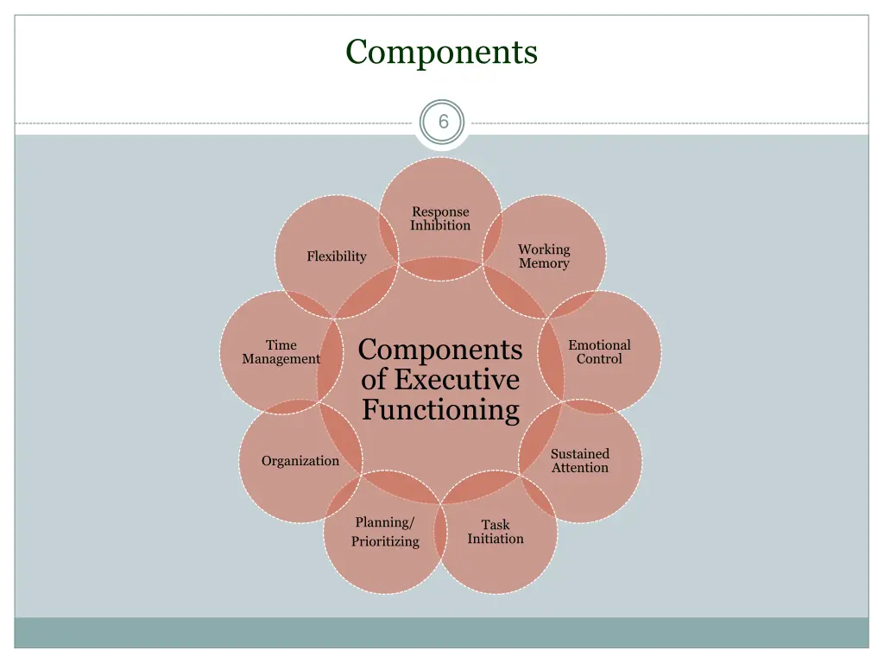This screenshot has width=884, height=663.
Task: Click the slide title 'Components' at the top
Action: tap(441, 52)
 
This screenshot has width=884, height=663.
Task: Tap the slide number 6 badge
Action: tap(443, 123)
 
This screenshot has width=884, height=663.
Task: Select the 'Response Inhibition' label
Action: tap(440, 218)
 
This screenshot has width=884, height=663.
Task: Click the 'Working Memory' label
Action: tap(544, 256)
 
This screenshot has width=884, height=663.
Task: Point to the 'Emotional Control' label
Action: tap(599, 352)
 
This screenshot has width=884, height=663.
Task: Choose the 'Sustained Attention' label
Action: tap(580, 461)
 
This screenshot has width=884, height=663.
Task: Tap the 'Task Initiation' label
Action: tap(496, 532)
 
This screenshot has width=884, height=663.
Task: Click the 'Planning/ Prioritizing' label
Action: tap(385, 532)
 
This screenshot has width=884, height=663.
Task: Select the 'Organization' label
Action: tap(300, 461)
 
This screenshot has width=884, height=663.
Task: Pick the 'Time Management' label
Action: tap(281, 352)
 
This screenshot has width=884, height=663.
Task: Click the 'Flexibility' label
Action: tap(337, 256)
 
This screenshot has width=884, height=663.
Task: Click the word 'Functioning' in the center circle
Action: tap(440, 409)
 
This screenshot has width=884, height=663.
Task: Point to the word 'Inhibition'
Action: tap(440, 226)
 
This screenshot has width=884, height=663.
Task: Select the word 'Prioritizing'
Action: tap(385, 542)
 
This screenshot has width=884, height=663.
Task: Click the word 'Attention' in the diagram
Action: tap(580, 468)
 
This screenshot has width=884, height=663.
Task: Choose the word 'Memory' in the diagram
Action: tap(544, 264)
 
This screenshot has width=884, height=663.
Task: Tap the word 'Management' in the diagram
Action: tap(281, 359)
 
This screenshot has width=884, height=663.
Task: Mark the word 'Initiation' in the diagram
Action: tap(496, 539)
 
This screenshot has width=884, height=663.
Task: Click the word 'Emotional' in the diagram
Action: tap(599, 345)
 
